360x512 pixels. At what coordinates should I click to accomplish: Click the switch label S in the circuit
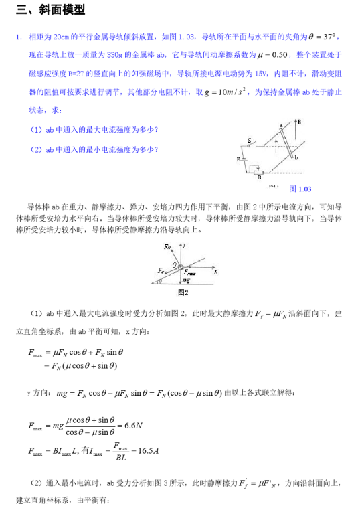coord(249,141)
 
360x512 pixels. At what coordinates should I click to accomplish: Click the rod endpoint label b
coord(296,156)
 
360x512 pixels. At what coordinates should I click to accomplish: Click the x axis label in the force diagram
coord(215,271)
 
